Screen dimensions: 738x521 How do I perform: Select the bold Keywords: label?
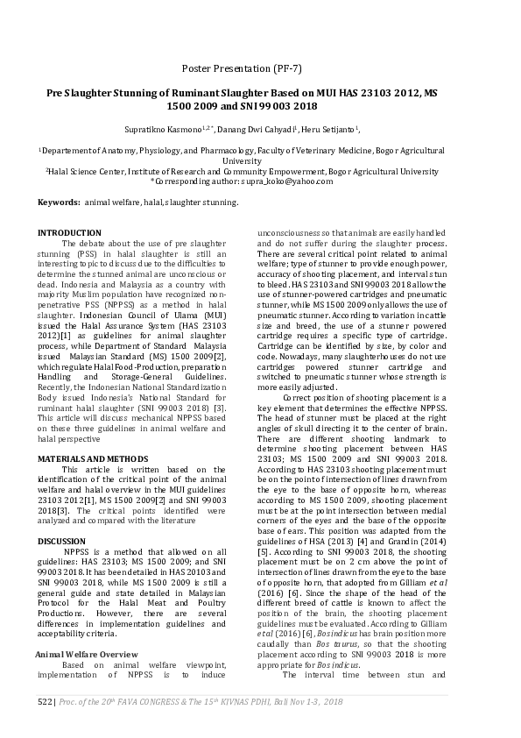pos(58,202)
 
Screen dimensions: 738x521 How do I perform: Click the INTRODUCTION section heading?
pos(69,232)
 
